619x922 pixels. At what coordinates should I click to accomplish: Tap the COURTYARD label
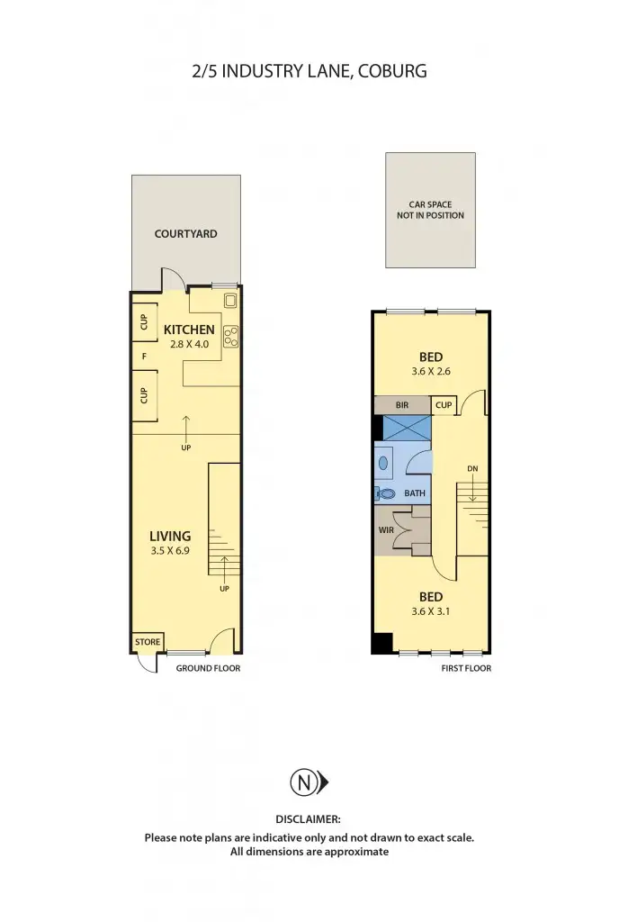(x=185, y=234)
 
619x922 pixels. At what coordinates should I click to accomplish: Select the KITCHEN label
(x=189, y=330)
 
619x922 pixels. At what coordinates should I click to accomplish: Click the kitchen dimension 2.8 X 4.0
(x=189, y=344)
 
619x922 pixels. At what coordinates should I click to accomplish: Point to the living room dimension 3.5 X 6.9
(x=170, y=551)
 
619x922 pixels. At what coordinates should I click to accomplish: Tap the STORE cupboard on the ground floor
(x=148, y=642)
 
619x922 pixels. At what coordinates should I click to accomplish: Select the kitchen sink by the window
(x=229, y=302)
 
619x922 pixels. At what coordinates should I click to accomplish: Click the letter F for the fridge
(x=143, y=356)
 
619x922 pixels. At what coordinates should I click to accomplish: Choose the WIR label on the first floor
(x=386, y=530)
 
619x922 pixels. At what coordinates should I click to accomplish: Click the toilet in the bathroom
(x=388, y=493)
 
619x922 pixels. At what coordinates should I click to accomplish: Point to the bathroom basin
(x=384, y=464)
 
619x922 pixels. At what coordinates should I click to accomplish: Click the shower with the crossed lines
(x=407, y=428)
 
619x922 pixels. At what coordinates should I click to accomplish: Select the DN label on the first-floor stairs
(x=472, y=469)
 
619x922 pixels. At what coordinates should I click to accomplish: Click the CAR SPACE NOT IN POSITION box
(x=430, y=210)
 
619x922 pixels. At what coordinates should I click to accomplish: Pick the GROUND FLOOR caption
(x=208, y=668)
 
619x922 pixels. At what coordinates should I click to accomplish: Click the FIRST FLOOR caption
(x=466, y=668)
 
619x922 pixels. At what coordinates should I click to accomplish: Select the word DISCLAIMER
(x=309, y=818)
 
